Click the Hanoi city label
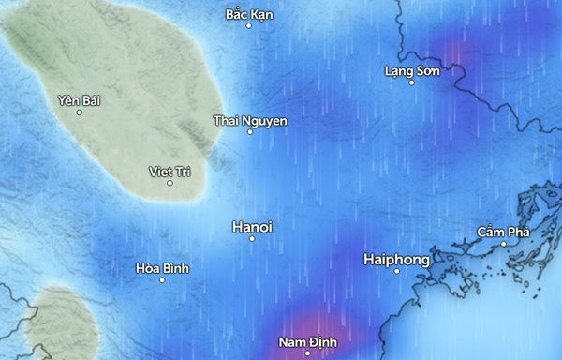tap(252, 227)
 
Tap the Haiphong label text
tap(396, 259)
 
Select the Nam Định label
tap(307, 342)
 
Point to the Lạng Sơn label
tap(412, 71)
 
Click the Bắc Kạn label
tap(250, 14)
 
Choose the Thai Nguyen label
tap(250, 121)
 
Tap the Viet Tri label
tap(170, 171)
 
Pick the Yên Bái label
tap(79, 100)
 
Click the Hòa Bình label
tap(162, 268)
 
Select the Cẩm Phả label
tap(503, 232)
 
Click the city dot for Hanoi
tap(252, 239)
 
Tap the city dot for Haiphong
tap(396, 271)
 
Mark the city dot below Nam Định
tap(307, 353)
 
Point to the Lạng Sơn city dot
tap(412, 82)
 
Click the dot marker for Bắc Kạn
tap(249, 25)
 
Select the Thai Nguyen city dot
tap(250, 132)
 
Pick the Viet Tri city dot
tap(170, 183)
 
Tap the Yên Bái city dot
tap(79, 112)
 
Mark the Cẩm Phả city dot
tap(503, 244)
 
